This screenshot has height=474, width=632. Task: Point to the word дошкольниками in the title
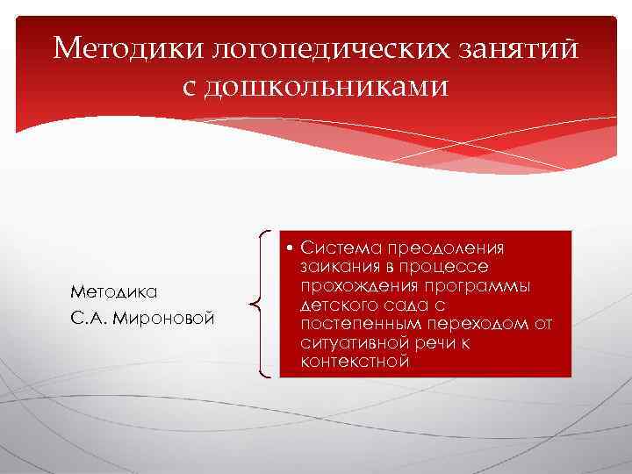(x=329, y=87)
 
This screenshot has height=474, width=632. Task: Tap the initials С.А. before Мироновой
(x=90, y=315)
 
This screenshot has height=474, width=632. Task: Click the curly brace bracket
(x=261, y=304)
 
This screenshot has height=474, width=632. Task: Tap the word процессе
(x=443, y=267)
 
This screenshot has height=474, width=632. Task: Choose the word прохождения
(x=359, y=286)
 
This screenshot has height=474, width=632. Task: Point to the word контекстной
(x=354, y=362)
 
